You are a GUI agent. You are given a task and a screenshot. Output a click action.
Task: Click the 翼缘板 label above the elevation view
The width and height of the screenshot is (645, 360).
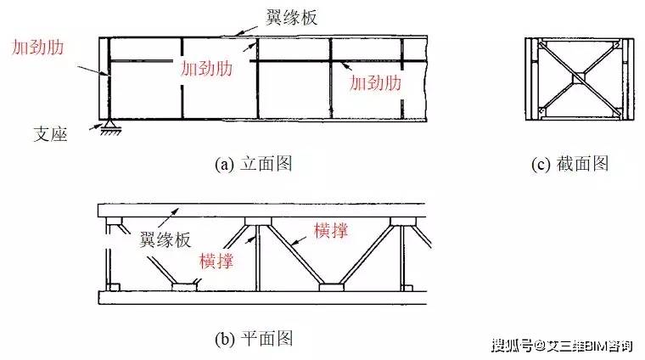click(292, 17)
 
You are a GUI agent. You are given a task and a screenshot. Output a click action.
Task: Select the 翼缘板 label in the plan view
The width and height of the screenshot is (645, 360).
click(165, 239)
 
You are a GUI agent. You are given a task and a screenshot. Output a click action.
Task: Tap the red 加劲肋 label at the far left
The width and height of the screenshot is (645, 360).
click(38, 48)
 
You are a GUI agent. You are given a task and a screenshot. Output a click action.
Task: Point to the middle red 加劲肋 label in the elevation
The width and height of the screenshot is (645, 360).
click(207, 68)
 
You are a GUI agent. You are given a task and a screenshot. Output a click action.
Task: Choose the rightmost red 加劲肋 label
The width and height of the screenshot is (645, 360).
click(375, 82)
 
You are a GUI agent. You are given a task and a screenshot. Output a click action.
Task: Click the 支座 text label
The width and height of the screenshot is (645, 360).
click(50, 134)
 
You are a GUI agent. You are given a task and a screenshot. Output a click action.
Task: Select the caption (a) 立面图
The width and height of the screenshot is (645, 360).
click(254, 164)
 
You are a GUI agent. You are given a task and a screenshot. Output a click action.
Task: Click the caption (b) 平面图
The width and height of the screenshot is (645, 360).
click(254, 339)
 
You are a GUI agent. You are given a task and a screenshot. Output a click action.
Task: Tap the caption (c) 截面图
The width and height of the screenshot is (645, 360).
click(569, 164)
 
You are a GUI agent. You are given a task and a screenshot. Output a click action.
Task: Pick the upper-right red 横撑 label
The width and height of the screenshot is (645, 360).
click(331, 230)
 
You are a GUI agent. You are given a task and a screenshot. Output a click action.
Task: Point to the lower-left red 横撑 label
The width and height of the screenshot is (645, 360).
click(216, 261)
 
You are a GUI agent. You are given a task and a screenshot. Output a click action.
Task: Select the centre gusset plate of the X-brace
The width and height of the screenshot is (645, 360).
click(579, 77)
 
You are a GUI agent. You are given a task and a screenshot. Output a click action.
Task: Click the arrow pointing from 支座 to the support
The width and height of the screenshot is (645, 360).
click(94, 127)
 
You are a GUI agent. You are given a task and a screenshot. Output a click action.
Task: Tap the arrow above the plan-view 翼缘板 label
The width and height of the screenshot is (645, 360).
click(168, 217)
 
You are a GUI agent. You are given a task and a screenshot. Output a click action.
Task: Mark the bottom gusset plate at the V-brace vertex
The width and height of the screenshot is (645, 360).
click(332, 287)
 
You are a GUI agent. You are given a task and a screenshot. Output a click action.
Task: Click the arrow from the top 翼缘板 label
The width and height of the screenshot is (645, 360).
click(244, 31)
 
